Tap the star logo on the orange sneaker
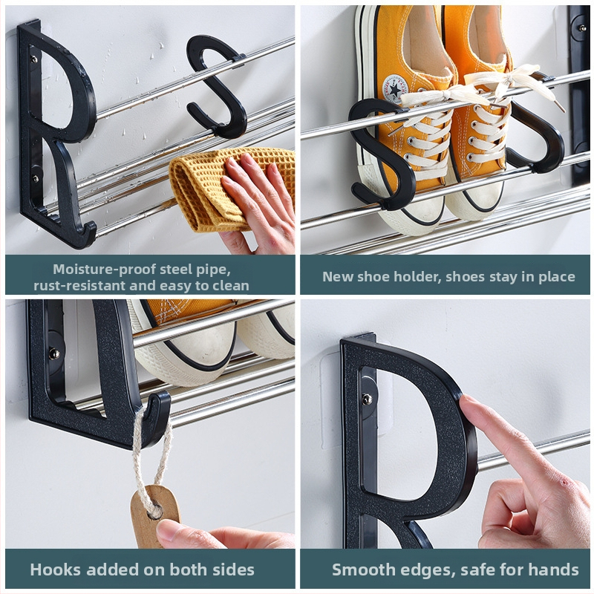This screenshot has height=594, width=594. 395,90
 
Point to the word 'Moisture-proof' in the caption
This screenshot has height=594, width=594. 104,269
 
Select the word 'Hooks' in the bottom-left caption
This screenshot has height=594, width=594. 56,569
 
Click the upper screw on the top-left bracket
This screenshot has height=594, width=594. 33,59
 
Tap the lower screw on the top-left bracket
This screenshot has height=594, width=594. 35,178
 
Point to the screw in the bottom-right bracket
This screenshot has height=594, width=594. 367,399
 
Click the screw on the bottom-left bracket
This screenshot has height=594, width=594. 54,354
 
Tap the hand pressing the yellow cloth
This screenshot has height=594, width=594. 258,205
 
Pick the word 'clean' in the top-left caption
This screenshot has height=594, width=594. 231,286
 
